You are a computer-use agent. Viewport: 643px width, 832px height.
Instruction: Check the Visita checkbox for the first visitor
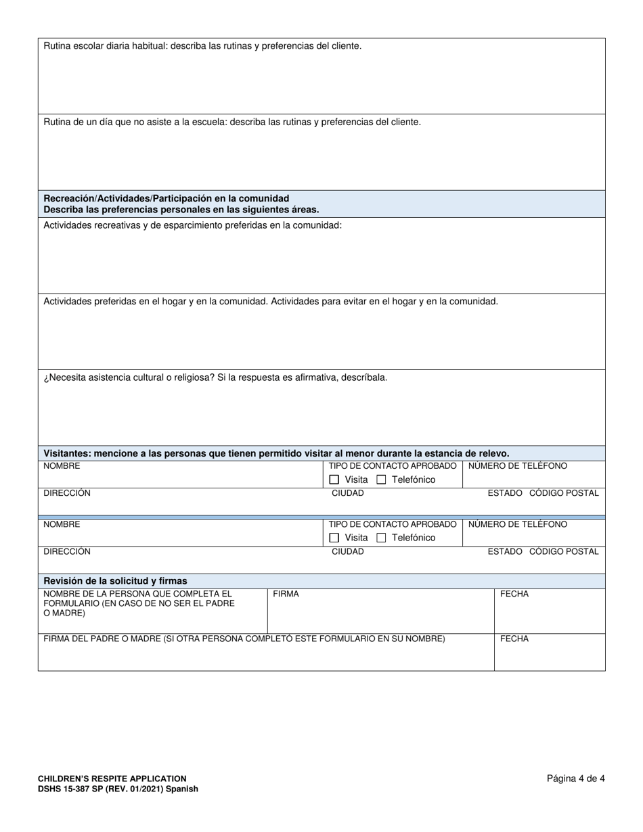334,480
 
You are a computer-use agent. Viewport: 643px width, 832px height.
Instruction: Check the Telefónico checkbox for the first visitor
381,480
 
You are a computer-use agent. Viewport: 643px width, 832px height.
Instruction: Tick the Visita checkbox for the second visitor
334,538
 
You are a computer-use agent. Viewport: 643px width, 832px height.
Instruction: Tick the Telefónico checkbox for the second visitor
381,538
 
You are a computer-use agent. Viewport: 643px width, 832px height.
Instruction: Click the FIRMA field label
286,594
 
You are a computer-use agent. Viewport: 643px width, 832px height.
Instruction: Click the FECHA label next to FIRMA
514,594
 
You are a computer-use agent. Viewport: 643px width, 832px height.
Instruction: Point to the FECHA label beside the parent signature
514,639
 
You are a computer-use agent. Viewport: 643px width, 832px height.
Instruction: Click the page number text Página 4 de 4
575,779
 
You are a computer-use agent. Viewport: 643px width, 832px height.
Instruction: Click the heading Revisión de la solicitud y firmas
115,581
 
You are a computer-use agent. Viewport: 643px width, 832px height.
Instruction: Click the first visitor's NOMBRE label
62,466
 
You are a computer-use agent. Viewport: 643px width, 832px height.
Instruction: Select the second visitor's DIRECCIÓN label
67,551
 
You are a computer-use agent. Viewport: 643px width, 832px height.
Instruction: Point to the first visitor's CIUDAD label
347,493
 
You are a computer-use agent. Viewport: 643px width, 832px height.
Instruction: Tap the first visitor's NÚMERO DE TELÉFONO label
518,466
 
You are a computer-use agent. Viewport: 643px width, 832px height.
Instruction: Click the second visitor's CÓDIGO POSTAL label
564,551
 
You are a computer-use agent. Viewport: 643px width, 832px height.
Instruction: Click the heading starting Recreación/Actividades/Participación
166,198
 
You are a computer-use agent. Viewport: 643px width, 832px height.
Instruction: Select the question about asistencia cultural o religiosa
215,377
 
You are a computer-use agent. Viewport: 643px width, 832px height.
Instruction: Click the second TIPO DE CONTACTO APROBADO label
393,524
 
